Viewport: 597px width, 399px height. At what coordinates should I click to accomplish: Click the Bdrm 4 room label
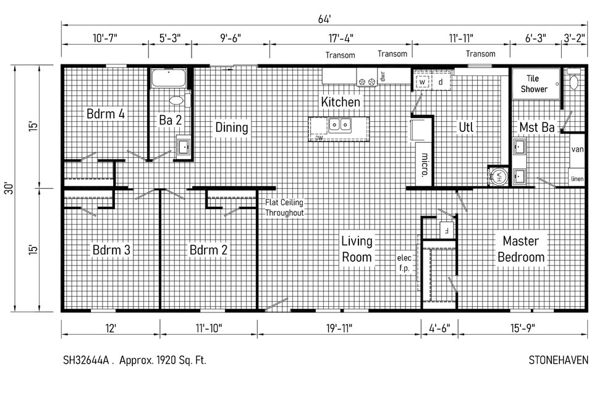point(106,114)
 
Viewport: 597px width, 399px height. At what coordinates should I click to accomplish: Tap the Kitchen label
point(341,101)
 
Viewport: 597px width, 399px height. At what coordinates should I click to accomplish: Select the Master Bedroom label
point(521,249)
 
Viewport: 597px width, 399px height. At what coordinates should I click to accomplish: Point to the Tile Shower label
point(534,84)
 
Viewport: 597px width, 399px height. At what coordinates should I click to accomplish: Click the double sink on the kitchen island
point(340,124)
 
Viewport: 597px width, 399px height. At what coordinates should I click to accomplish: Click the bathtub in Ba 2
point(168,78)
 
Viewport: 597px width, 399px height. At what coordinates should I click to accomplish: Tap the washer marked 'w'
point(422,82)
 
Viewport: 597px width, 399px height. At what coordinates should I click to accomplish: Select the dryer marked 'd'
point(441,82)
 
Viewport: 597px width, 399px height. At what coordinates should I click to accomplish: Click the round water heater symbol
point(499,176)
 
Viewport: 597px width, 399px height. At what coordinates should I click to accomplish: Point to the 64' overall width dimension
point(324,19)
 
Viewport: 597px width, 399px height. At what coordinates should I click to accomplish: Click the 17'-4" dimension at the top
point(341,38)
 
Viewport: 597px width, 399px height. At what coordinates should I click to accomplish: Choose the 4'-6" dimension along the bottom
point(439,328)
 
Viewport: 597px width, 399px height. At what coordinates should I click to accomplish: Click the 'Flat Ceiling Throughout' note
point(284,208)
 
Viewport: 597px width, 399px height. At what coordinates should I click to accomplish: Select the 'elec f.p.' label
point(404,263)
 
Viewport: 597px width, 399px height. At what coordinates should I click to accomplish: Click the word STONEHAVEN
point(558,360)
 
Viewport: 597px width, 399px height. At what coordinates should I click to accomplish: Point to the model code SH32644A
point(86,360)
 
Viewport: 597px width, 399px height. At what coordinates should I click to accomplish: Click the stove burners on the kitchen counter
point(366,82)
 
